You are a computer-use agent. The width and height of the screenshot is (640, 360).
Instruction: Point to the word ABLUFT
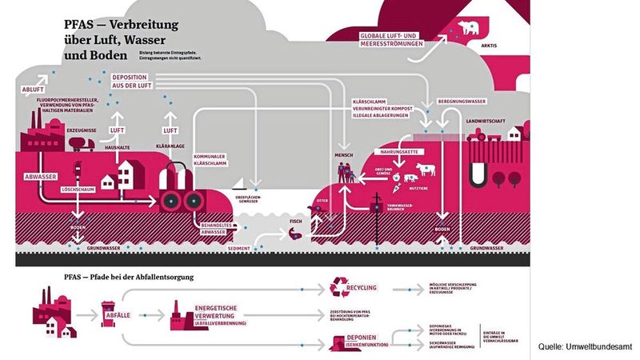[33, 90]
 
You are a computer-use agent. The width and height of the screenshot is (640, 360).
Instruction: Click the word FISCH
[295, 220]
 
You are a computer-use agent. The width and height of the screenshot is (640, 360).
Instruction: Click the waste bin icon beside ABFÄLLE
[107, 308]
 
